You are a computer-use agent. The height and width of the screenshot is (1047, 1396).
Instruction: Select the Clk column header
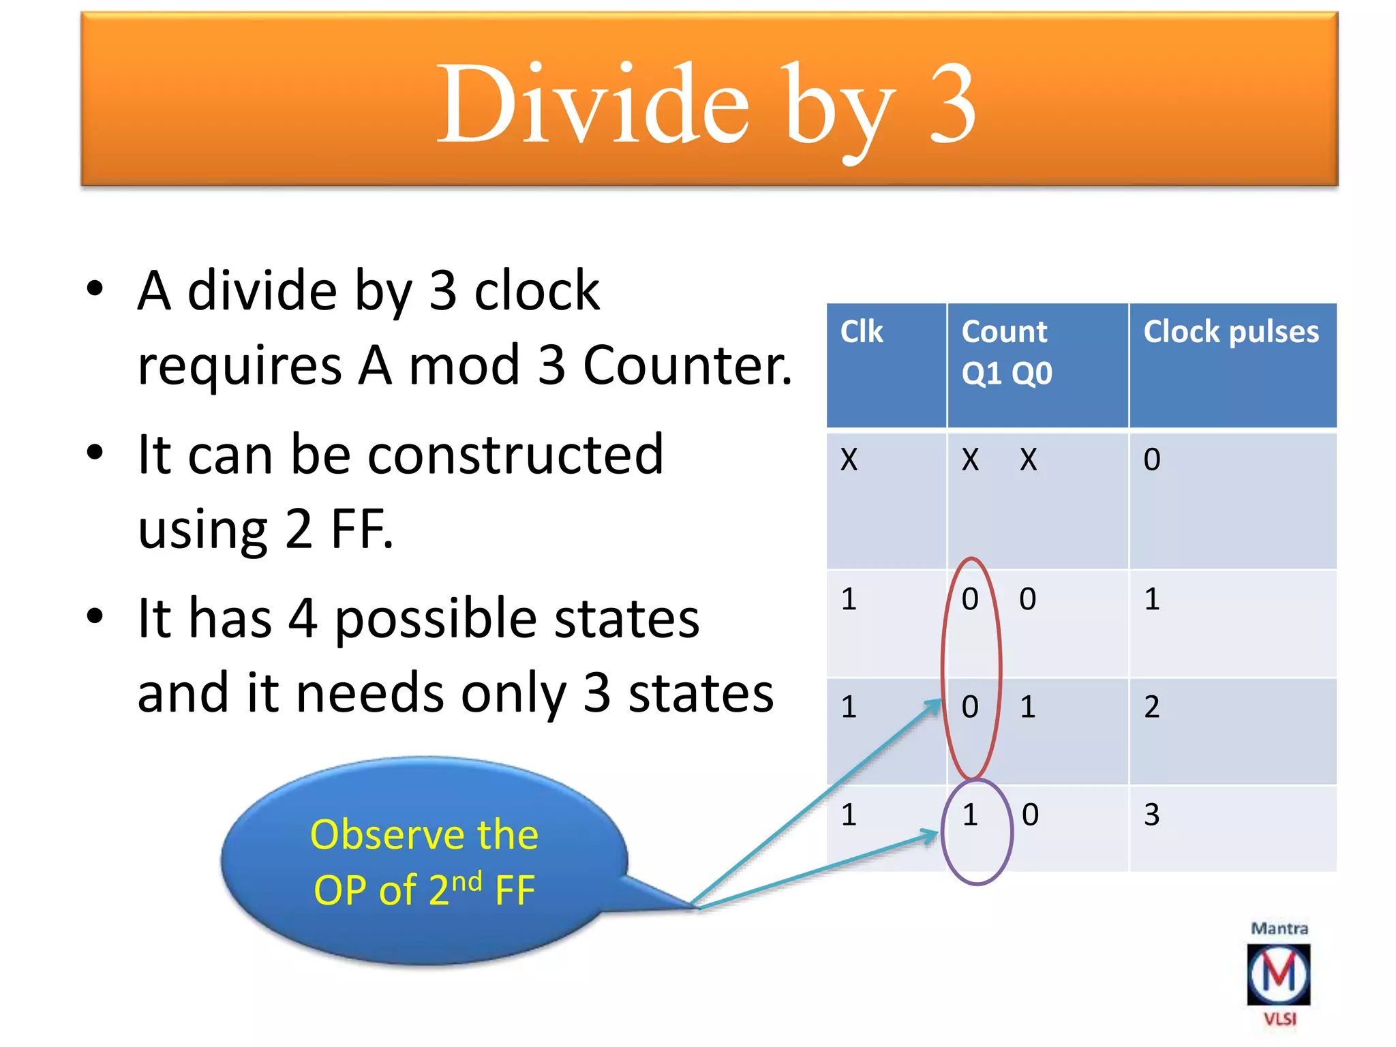point(862,332)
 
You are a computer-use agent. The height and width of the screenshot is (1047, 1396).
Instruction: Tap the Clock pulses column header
point(1231,332)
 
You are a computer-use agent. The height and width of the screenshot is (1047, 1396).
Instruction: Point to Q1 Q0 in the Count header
point(1007,374)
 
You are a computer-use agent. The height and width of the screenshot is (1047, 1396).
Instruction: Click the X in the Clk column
point(849,459)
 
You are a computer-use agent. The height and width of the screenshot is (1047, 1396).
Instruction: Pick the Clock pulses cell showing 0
point(1152,459)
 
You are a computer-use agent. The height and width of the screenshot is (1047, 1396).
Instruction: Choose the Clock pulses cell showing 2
point(1152,707)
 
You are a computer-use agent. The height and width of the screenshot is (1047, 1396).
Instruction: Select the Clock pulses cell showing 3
point(1152,815)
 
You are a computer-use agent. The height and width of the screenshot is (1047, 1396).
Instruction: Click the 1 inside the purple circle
point(970,815)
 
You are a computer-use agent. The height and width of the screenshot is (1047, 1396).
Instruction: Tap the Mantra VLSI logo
point(1279,975)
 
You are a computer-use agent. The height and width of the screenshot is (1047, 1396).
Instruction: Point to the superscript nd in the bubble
point(467,881)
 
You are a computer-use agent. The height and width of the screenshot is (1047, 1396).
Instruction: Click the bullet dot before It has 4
point(95,616)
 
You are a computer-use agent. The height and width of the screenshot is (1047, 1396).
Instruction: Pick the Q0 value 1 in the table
point(1028,707)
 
